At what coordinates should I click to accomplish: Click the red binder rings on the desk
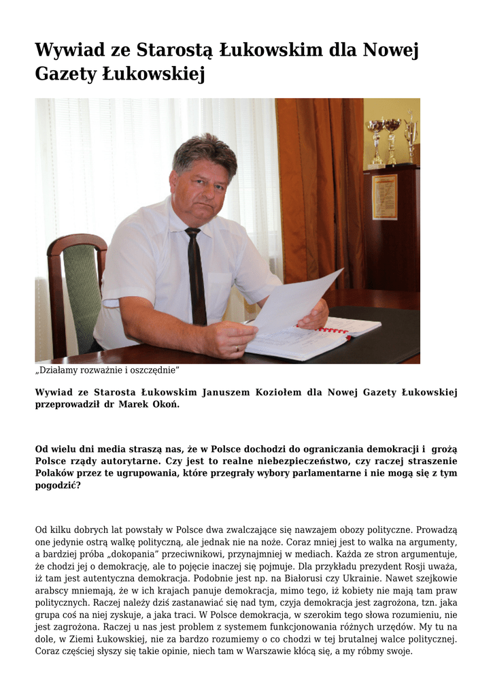coord(333,331)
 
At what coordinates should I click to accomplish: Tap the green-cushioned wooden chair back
coord(81,286)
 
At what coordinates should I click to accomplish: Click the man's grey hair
coord(204,151)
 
